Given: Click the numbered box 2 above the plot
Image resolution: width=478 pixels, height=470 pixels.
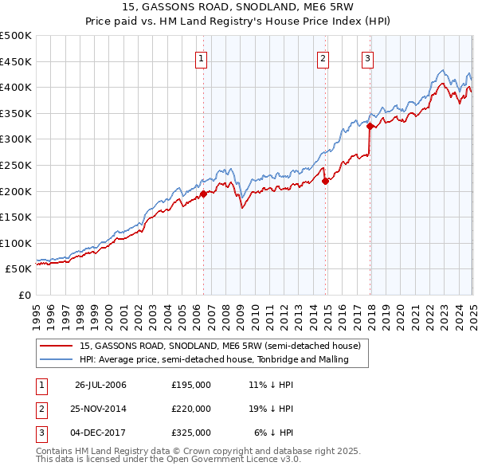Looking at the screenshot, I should pyautogui.click(x=323, y=57).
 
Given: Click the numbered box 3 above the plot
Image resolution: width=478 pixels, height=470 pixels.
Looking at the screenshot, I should pyautogui.click(x=367, y=57).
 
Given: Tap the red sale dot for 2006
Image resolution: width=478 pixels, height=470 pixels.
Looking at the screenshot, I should pyautogui.click(x=203, y=194).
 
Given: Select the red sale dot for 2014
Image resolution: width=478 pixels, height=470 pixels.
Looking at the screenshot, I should pyautogui.click(x=326, y=181).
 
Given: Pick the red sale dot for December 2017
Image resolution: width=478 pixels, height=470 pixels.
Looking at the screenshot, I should pyautogui.click(x=370, y=126).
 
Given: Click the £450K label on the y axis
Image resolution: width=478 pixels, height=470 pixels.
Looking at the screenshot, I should pyautogui.click(x=16, y=61).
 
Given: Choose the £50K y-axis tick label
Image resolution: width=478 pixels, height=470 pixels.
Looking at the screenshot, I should pyautogui.click(x=19, y=269).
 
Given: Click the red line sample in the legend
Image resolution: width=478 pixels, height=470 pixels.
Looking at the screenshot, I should pyautogui.click(x=56, y=346).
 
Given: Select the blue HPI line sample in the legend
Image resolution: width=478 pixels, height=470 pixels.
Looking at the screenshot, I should pyautogui.click(x=56, y=359).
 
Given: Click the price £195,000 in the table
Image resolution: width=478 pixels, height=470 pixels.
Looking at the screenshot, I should pyautogui.click(x=191, y=385).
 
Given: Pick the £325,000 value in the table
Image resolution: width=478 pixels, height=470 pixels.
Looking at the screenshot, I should pyautogui.click(x=191, y=433).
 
